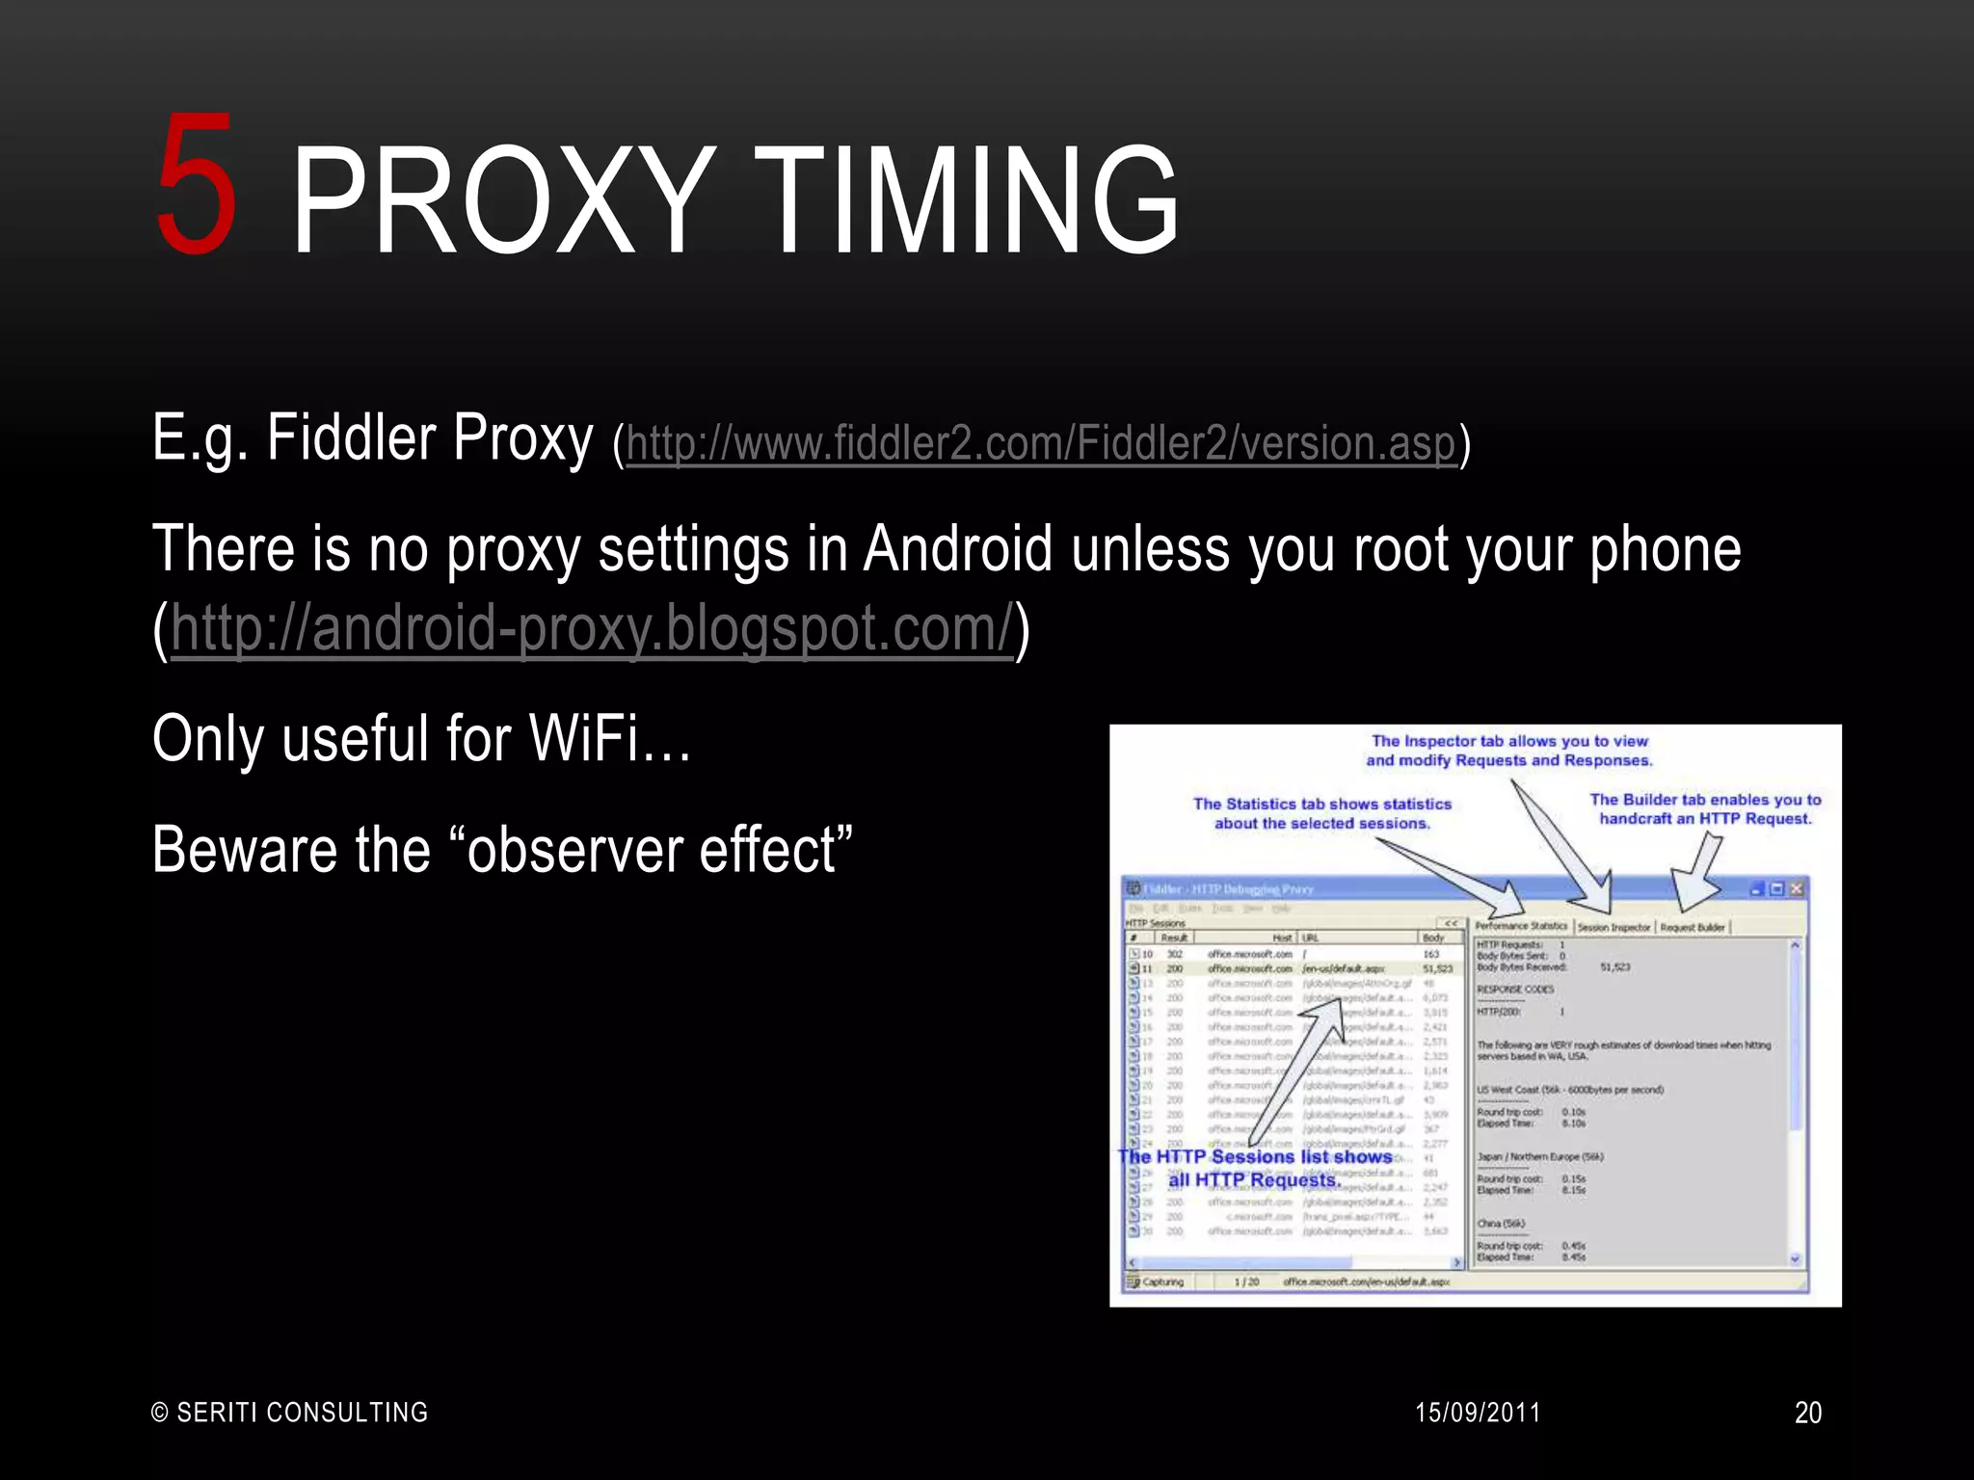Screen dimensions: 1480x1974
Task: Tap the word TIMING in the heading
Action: pos(974,201)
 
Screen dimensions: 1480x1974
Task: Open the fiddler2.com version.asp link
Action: pos(1040,443)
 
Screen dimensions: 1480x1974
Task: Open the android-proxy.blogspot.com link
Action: pos(592,628)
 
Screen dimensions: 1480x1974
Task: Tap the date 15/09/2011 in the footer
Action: pos(1477,1413)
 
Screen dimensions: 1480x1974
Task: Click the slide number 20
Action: pos(1807,1413)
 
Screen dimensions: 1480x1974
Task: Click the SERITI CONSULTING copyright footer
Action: pos(290,1413)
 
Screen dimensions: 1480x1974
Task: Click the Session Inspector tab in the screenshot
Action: pos(1614,927)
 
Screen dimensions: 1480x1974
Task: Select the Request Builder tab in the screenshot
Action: pos(1693,927)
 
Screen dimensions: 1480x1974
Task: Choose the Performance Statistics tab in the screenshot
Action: pos(1521,926)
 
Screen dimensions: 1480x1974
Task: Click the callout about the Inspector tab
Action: pos(1509,751)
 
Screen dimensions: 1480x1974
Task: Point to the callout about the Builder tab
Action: pos(1705,809)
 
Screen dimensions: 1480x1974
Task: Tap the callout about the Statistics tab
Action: pos(1321,813)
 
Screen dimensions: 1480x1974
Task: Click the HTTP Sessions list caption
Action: pos(1255,1168)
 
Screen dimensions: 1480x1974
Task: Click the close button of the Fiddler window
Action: pos(1797,888)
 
